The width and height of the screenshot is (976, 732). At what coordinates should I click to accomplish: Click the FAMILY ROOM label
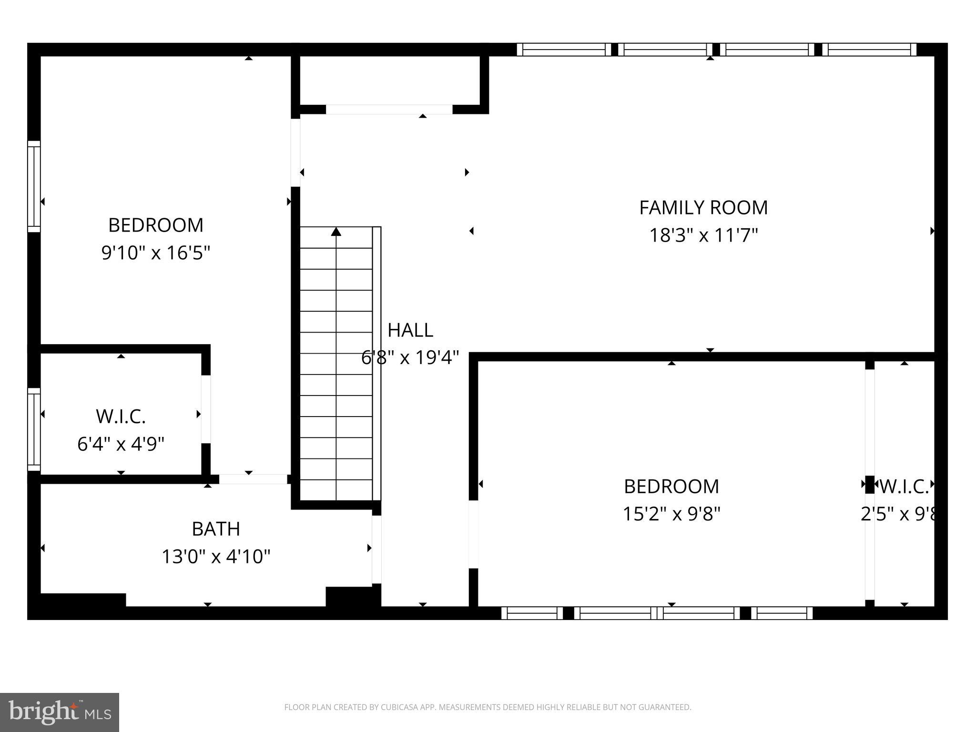[703, 208]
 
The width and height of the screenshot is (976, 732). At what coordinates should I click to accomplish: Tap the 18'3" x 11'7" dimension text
[703, 235]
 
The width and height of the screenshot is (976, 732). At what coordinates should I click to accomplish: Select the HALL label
[410, 330]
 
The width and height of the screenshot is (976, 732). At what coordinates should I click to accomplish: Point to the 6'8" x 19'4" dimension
[410, 357]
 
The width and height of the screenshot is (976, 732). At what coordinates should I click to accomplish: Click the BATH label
[215, 529]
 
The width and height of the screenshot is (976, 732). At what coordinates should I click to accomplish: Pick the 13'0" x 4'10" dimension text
[215, 557]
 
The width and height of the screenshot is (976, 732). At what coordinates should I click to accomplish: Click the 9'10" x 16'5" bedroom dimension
[155, 253]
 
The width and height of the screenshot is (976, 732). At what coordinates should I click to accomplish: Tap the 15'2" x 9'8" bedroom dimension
[671, 514]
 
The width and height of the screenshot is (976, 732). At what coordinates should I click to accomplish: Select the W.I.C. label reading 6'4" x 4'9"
[121, 417]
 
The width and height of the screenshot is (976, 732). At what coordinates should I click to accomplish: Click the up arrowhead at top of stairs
[336, 232]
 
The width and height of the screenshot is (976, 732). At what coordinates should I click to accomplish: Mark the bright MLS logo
[60, 712]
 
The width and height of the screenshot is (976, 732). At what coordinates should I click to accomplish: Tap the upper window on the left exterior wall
[34, 186]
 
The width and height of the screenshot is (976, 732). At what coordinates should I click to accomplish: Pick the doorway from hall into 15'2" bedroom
[473, 534]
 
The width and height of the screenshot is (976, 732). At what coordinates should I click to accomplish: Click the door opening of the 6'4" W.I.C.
[206, 409]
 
